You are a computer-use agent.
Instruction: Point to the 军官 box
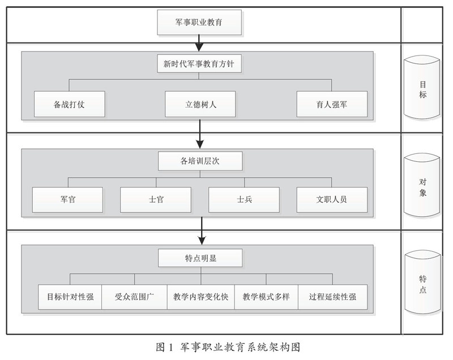67,200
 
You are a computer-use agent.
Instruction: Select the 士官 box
156,200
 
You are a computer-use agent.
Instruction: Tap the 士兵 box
244,200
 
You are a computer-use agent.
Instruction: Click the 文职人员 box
332,200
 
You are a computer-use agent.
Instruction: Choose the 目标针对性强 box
70,297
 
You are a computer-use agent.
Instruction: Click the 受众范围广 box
135,297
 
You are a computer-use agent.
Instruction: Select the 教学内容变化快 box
200,297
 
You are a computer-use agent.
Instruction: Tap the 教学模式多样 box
266,297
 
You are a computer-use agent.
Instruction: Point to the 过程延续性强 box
332,297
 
